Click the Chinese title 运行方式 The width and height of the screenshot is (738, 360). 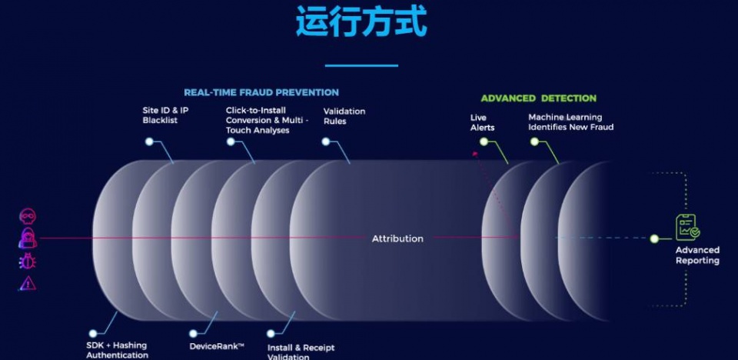tap(361, 22)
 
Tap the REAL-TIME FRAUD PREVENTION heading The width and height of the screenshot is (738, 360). tap(261, 93)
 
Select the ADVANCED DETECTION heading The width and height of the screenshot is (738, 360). tap(538, 98)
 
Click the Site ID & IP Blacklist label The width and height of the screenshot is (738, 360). tap(166, 115)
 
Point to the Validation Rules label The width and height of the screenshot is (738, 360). tap(344, 116)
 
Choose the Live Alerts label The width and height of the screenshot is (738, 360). tap(483, 122)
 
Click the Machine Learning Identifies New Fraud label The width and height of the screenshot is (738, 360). tap(570, 122)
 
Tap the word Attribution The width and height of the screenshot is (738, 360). tap(397, 238)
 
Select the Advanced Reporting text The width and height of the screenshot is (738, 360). tap(697, 255)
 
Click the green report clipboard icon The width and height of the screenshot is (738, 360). tap(687, 227)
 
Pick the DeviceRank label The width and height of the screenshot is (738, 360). tap(217, 346)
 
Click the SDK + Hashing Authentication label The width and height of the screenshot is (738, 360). tap(117, 350)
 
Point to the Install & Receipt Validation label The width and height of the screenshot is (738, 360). tap(301, 352)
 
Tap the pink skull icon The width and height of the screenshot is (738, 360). tap(28, 216)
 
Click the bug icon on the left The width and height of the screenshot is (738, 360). tap(28, 261)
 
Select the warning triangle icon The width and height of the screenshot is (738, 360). tap(28, 283)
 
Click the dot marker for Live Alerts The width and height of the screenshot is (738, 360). tap(484, 142)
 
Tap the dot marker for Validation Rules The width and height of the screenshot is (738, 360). tap(326, 142)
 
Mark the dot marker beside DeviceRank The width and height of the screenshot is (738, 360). tap(193, 334)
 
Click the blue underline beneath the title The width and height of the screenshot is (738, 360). tap(361, 65)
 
